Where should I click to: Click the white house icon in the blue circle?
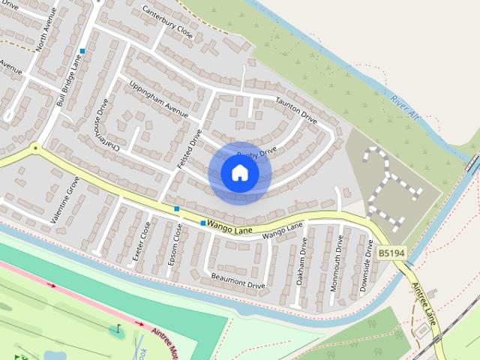pyautogui.click(x=240, y=173)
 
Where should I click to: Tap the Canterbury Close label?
pyautogui.click(x=168, y=23)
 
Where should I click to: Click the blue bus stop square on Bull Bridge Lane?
pyautogui.click(x=82, y=51)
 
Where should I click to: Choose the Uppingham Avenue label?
pyautogui.click(x=158, y=100)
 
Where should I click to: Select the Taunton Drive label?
pyautogui.click(x=296, y=109)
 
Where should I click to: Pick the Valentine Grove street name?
pyautogui.click(x=65, y=200)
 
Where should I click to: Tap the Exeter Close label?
pyautogui.click(x=141, y=241)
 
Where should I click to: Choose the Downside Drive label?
pyautogui.click(x=367, y=258)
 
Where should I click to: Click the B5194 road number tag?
pyautogui.click(x=391, y=253)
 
